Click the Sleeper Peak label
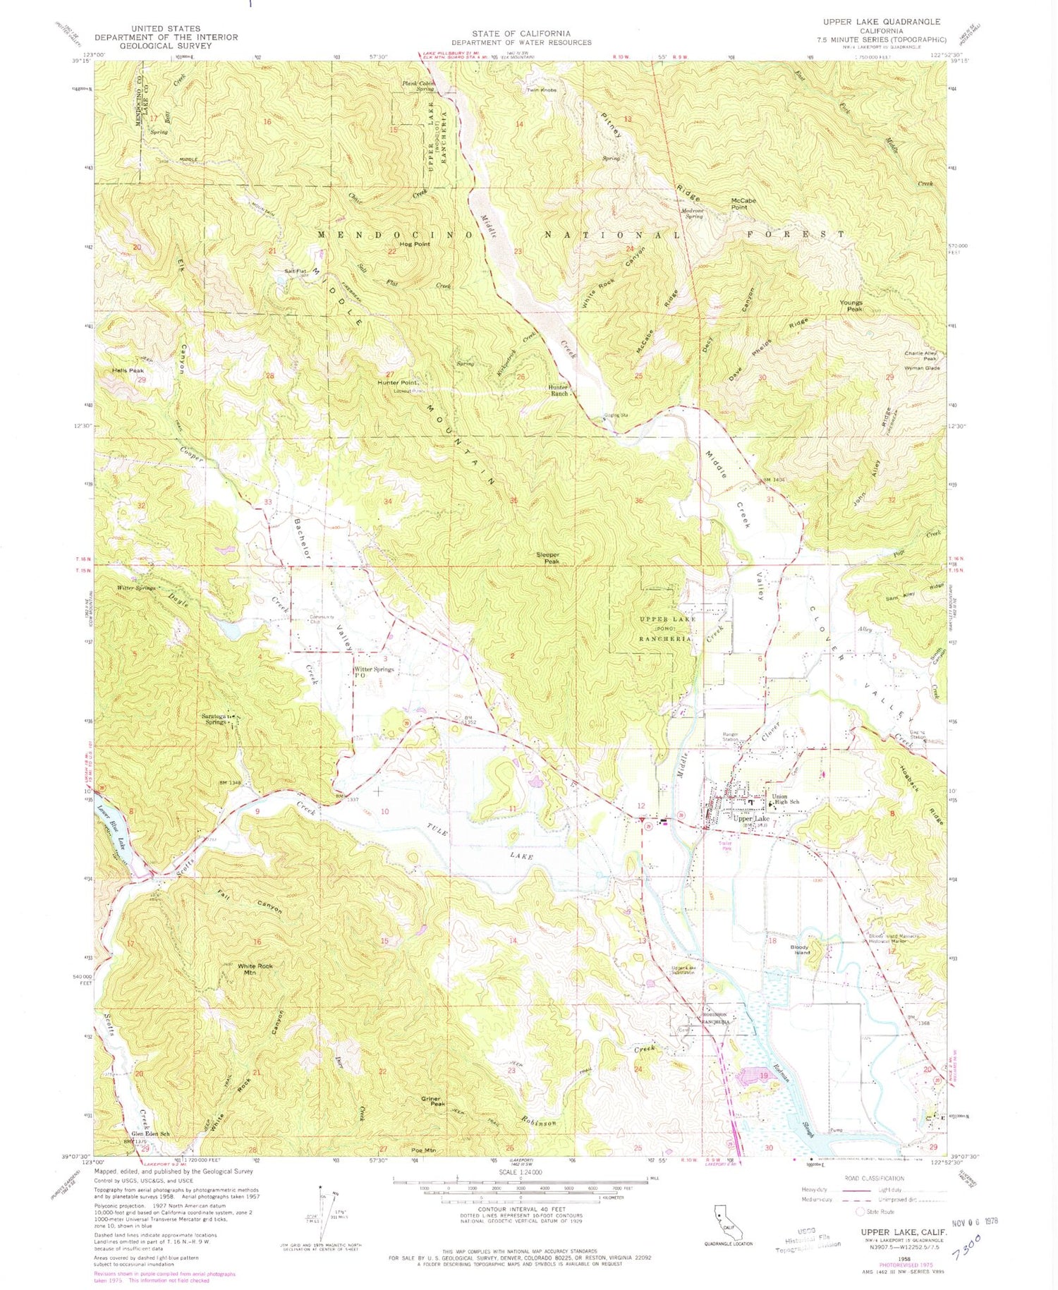pos(547,558)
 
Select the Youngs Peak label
pos(851,306)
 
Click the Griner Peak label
pos(432,1100)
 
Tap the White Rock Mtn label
pos(255,969)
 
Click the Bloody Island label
pos(799,949)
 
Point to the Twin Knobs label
pos(542,90)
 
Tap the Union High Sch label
pos(785,799)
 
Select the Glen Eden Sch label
pos(151,1133)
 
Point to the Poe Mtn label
pos(422,1150)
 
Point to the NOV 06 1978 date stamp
pos(974,1222)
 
